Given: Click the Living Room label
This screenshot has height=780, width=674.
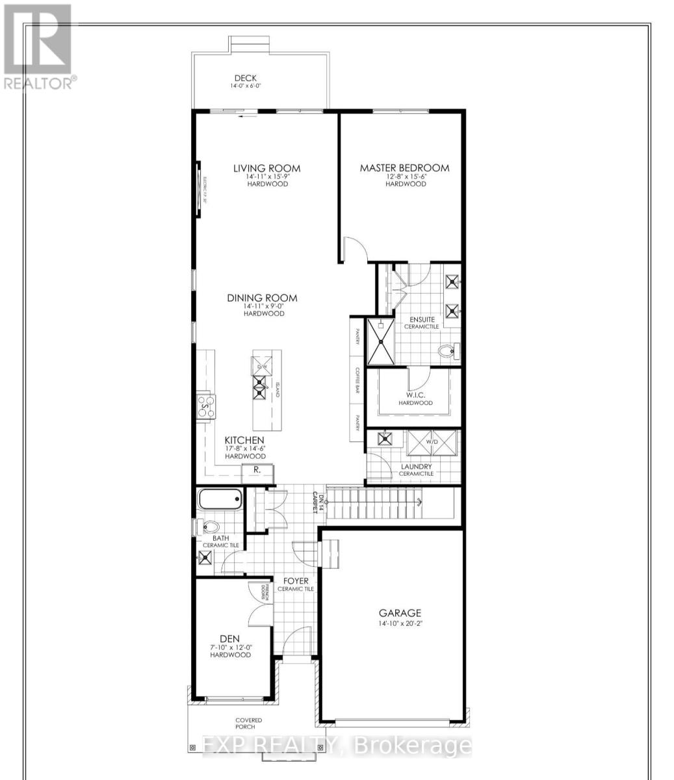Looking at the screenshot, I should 266,168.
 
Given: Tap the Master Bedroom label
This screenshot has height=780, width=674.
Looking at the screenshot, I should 404,168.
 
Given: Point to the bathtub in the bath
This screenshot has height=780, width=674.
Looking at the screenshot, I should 220,500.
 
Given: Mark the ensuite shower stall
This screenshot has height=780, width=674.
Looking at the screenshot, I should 381,341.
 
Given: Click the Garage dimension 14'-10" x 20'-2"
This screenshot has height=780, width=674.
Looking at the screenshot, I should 400,624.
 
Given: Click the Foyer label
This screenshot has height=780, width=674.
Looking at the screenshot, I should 296,580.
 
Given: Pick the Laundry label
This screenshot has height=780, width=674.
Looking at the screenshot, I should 416,466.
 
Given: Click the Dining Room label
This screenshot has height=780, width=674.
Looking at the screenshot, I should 262,298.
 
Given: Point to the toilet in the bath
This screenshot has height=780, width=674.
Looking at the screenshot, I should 209,526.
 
